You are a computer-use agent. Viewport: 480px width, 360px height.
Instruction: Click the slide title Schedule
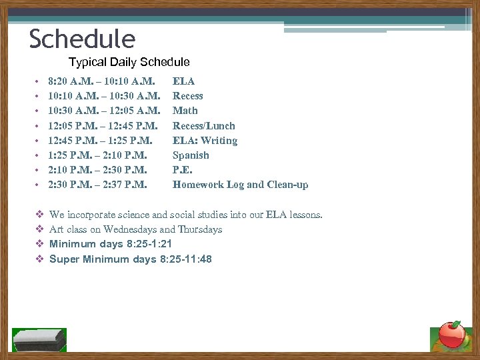tap(82, 39)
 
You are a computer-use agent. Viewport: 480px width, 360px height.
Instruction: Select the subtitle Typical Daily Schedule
tap(129, 62)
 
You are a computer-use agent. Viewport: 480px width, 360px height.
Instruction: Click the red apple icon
tap(453, 334)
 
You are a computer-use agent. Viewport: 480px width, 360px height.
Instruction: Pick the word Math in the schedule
tap(185, 111)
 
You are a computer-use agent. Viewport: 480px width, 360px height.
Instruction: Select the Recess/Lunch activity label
tap(203, 126)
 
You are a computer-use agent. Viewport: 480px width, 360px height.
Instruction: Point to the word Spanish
tap(191, 155)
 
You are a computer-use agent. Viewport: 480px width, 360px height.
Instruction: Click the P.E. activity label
tap(182, 170)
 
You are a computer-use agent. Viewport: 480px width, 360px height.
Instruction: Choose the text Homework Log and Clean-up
tap(240, 185)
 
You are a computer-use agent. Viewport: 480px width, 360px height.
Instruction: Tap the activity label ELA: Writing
tap(205, 141)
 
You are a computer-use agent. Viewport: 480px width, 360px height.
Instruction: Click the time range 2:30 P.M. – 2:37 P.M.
tap(97, 185)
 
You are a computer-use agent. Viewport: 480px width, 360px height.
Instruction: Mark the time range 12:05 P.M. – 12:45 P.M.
tap(103, 126)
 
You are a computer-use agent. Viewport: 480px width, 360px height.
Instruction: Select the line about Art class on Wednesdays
tap(135, 229)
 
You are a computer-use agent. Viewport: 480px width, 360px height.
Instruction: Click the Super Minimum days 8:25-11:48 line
tap(131, 259)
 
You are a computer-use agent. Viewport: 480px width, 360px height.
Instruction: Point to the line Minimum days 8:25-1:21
tap(115, 244)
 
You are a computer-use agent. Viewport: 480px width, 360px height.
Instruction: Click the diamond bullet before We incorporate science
tap(39, 215)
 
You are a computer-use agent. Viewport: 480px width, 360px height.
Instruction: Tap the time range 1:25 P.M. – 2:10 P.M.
tap(97, 155)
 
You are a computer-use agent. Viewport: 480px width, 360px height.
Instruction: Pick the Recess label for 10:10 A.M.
tap(188, 96)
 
